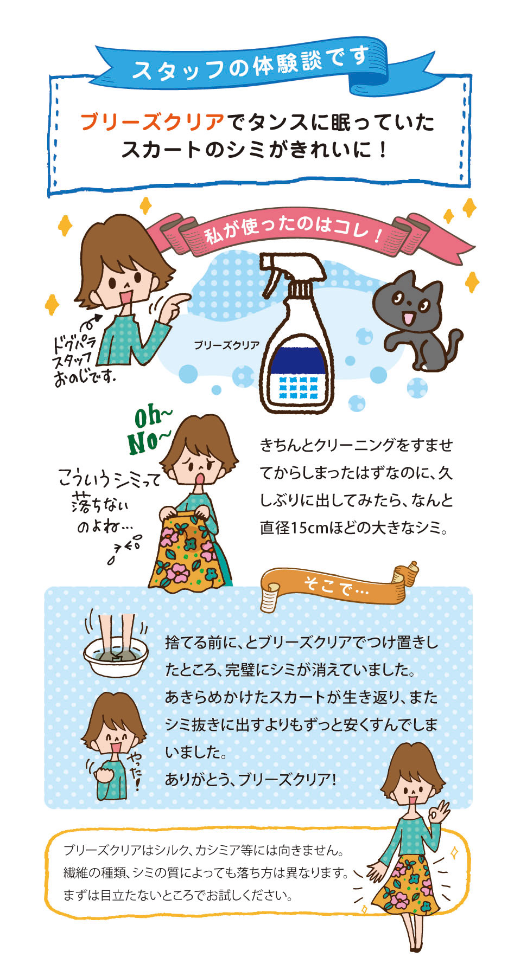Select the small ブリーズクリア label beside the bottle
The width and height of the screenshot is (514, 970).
click(226, 345)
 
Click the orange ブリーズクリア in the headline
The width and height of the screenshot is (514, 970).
click(152, 123)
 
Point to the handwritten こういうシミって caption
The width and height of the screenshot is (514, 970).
click(109, 479)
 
